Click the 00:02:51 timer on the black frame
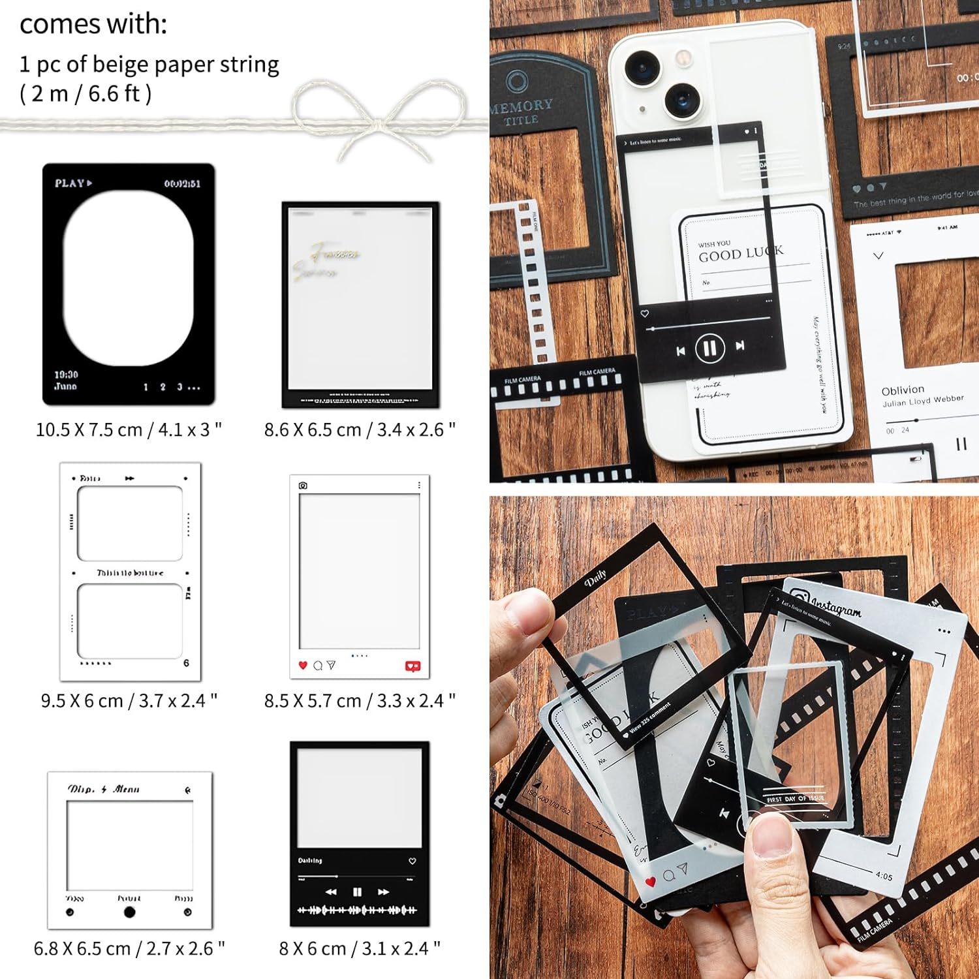(182, 184)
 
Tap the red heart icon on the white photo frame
(302, 665)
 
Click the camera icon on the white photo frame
(303, 486)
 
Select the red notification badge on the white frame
(412, 666)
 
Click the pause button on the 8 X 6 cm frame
(357, 892)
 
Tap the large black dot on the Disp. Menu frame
(129, 912)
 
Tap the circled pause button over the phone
(710, 348)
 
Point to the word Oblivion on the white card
(903, 390)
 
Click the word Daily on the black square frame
(595, 577)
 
